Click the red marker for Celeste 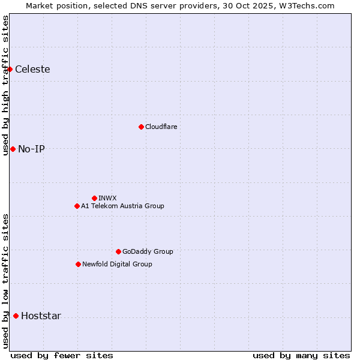(10, 69)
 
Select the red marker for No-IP (13, 149)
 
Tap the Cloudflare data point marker (141, 127)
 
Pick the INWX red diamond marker (94, 198)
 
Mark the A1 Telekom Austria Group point (77, 206)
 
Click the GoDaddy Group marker (118, 251)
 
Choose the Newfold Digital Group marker (78, 264)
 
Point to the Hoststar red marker (16, 316)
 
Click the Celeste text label (32, 69)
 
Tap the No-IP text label (31, 149)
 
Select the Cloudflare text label (161, 127)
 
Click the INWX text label (107, 198)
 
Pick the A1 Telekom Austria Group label (122, 206)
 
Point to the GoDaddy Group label (148, 251)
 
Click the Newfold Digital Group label (117, 264)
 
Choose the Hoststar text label (41, 316)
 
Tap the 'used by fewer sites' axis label (62, 355)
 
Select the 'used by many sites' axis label (301, 355)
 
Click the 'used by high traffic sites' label (5, 85)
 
